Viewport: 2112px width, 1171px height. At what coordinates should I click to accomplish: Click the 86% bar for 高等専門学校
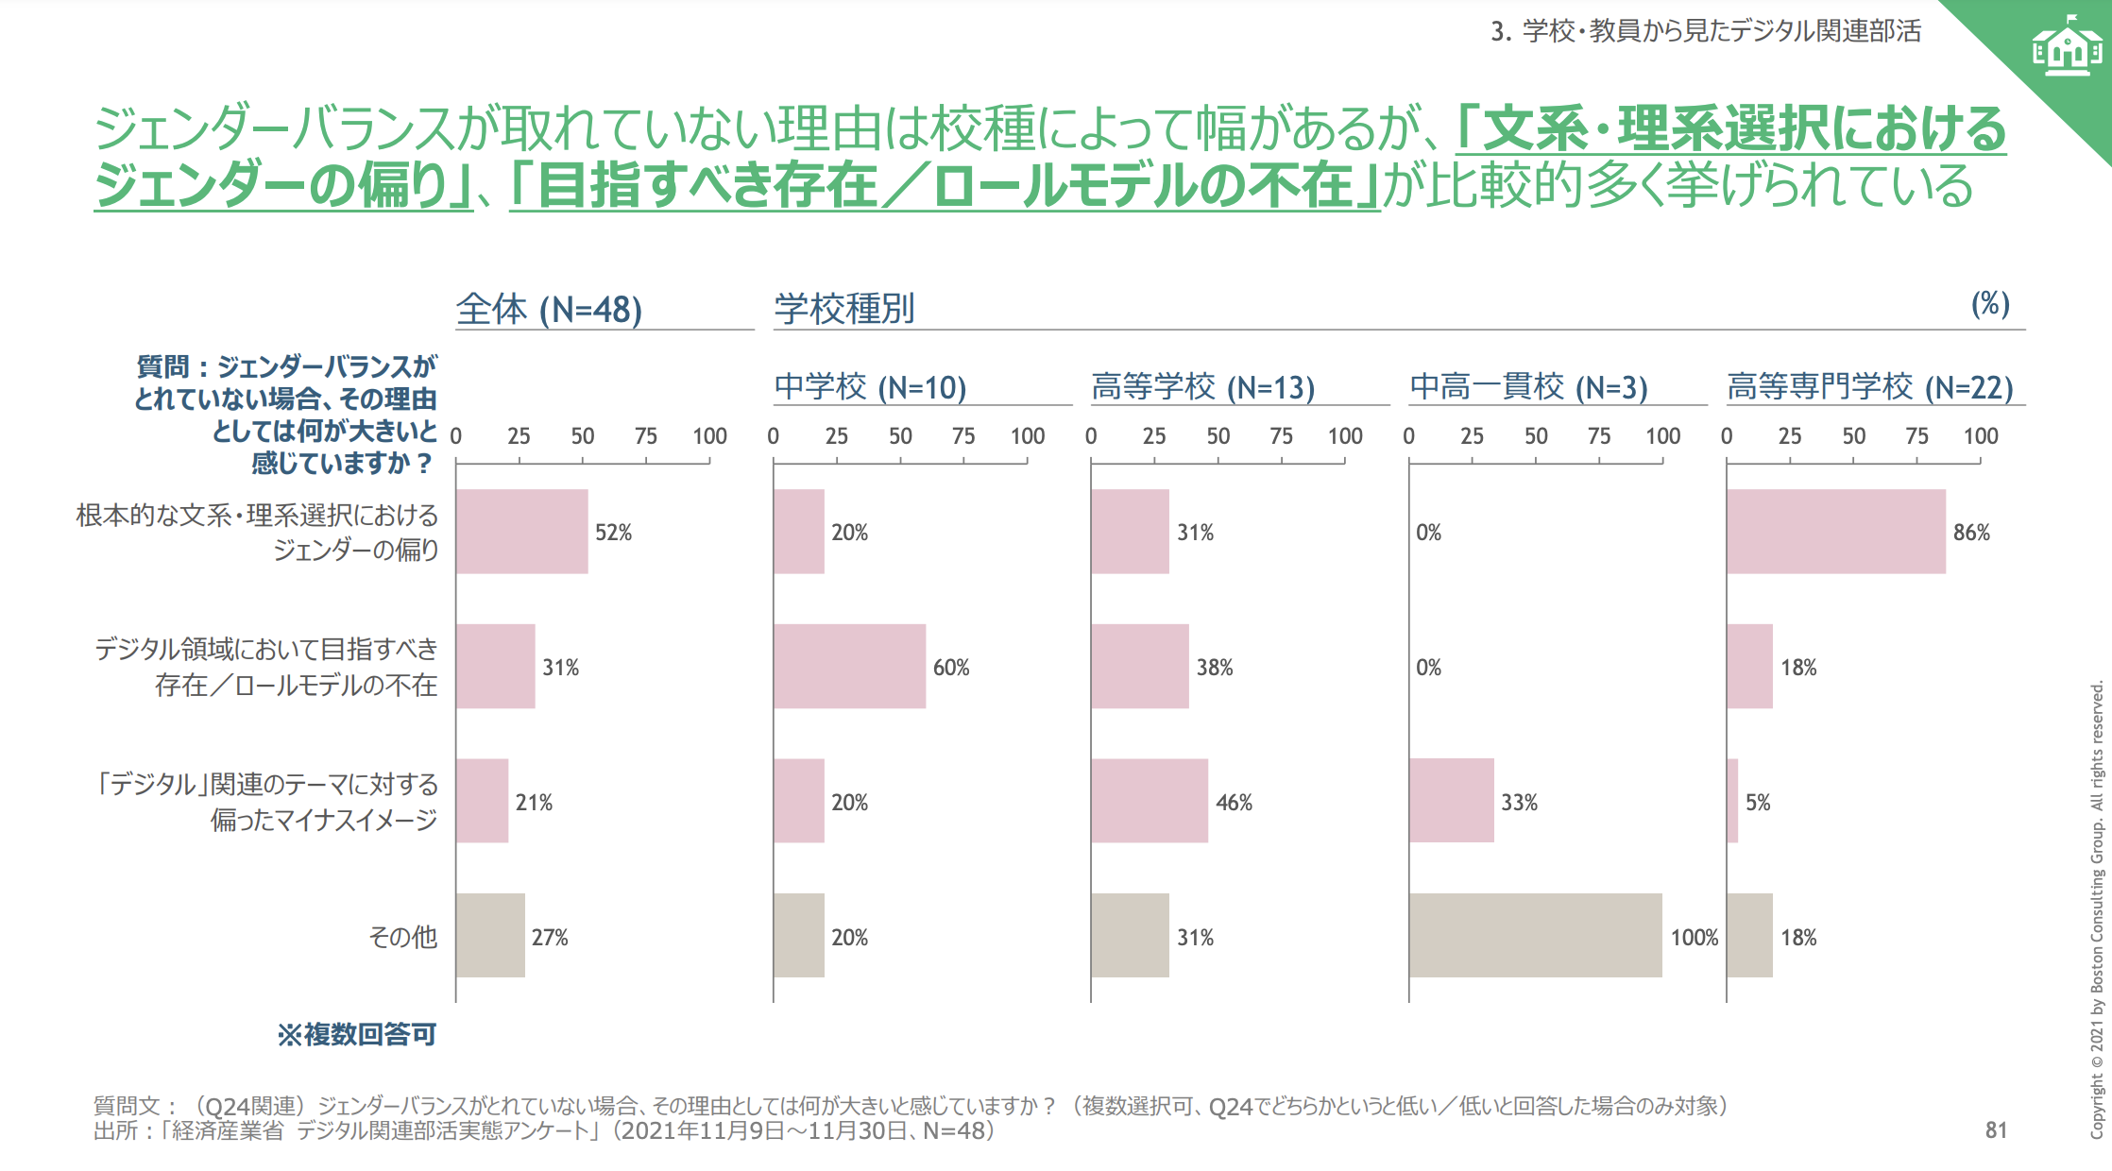[x=1835, y=532]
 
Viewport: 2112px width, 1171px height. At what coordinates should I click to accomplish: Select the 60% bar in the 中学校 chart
[x=849, y=667]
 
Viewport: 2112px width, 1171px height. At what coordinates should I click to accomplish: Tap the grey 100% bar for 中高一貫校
[x=1535, y=936]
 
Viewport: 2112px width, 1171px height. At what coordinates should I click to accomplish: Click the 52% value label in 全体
[x=613, y=533]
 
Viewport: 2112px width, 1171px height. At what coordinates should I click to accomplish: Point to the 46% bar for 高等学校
[x=1149, y=801]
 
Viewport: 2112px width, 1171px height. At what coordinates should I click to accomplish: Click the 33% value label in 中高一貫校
[x=1519, y=803]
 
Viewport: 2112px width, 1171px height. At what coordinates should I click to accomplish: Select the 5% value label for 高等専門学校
[x=1757, y=803]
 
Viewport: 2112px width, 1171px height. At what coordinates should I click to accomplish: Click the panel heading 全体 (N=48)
[x=549, y=309]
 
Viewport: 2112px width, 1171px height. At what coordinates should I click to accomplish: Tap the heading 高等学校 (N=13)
[x=1202, y=386]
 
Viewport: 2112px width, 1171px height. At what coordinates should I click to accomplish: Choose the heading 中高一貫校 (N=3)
[x=1528, y=386]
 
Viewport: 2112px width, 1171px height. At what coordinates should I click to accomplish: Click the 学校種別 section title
[x=843, y=309]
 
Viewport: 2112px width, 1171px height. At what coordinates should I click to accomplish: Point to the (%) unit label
[x=1989, y=304]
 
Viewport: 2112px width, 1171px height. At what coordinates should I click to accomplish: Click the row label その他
[x=403, y=937]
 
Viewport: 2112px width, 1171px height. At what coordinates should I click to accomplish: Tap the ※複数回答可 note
[x=356, y=1035]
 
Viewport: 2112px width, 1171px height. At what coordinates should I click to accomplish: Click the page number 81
[x=1995, y=1130]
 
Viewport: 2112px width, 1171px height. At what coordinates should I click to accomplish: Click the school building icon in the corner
[x=2067, y=47]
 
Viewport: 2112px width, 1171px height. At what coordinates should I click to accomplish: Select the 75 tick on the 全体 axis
[x=645, y=436]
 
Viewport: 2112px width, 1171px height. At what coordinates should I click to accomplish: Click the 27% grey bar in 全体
[x=490, y=936]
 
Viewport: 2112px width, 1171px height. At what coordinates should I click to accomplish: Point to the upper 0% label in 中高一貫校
[x=1428, y=533]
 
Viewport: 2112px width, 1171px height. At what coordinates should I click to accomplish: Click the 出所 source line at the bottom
[x=543, y=1131]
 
